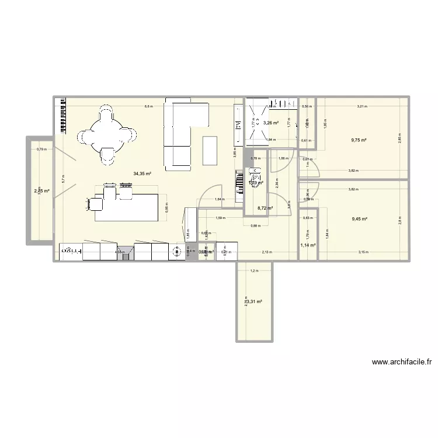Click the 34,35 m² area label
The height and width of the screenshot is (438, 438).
click(x=142, y=173)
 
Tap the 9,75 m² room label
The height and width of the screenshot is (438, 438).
click(x=359, y=140)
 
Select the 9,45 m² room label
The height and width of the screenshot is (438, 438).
click(x=359, y=219)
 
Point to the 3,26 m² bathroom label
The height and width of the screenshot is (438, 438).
click(x=270, y=123)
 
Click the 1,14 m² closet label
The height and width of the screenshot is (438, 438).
click(x=307, y=245)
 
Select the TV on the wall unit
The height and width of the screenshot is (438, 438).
click(x=238, y=125)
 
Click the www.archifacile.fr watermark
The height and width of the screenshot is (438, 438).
click(x=404, y=362)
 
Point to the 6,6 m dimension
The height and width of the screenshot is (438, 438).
click(x=149, y=106)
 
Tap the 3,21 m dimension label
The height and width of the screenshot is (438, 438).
click(x=361, y=106)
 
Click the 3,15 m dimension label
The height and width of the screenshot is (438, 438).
click(x=363, y=252)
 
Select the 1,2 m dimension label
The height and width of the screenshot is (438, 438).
click(x=253, y=271)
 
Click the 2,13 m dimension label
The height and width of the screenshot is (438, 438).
click(x=266, y=252)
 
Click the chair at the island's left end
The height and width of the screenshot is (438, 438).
click(x=93, y=204)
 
